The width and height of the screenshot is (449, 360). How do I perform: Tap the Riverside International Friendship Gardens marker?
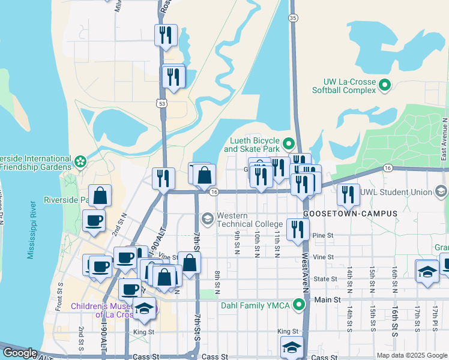click(80, 161)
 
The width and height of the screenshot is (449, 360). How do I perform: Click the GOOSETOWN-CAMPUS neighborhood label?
click(342, 214)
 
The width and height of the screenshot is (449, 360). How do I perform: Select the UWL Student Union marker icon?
click(441, 192)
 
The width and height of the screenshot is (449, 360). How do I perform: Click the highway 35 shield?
click(292, 18)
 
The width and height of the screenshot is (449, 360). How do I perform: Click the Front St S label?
click(59, 296)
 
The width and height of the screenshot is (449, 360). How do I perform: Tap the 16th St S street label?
click(396, 323)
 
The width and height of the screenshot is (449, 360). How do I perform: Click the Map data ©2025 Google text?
click(411, 355)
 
